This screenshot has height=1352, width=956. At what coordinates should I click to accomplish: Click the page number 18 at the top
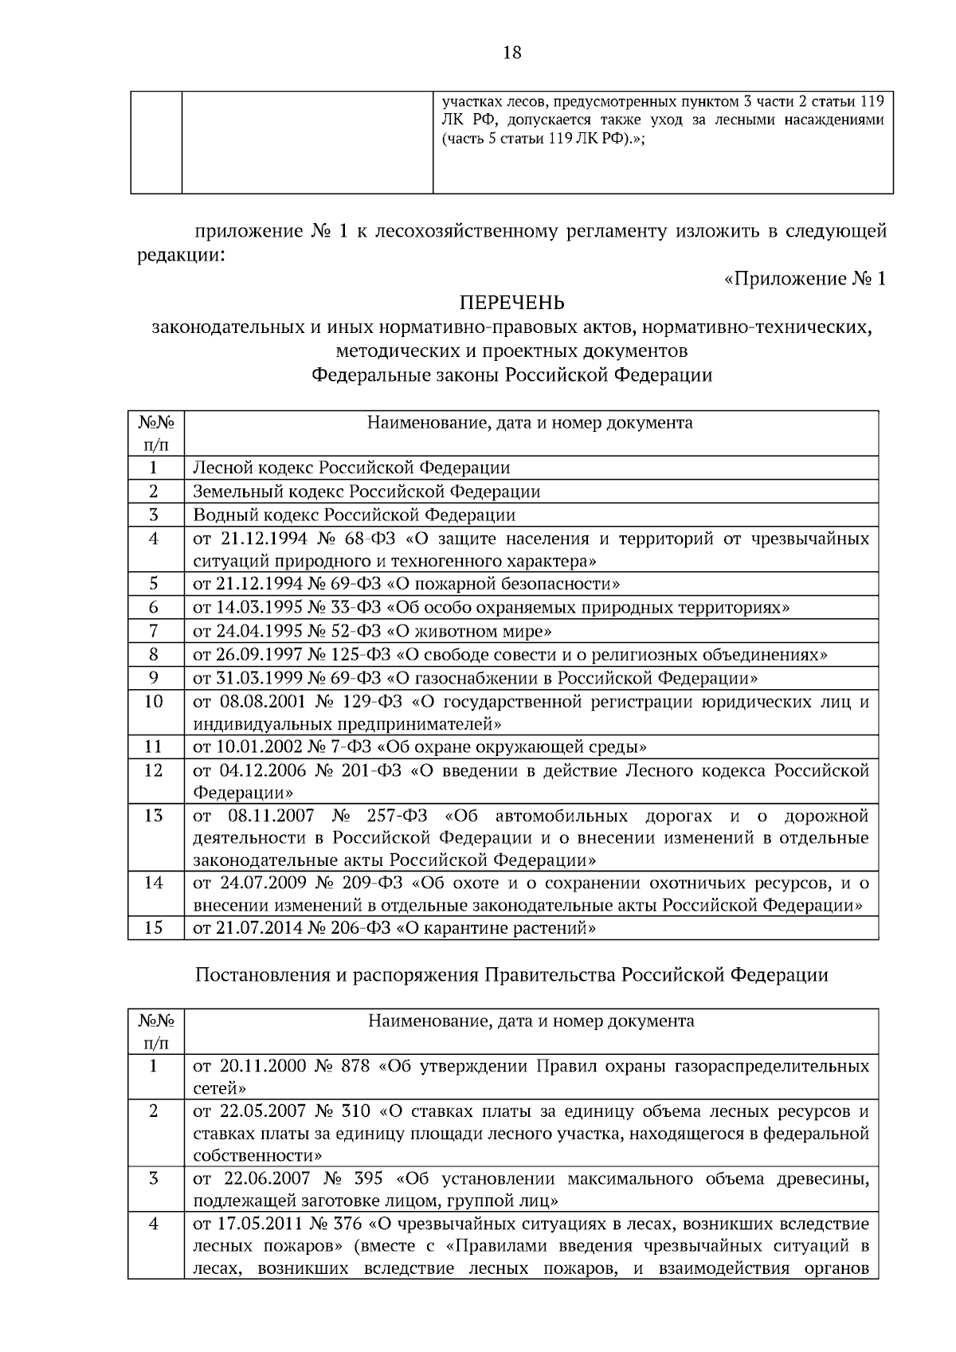point(511,53)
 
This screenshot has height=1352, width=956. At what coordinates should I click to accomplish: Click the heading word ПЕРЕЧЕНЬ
point(511,303)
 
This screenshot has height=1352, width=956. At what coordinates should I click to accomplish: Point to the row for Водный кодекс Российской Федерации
point(355,515)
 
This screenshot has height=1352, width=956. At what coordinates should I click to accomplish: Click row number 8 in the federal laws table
point(155,655)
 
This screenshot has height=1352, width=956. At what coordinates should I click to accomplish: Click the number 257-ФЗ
point(397,816)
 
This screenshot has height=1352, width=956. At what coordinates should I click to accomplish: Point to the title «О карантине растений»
point(496,928)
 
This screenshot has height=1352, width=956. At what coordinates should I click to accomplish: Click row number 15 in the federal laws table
point(155,928)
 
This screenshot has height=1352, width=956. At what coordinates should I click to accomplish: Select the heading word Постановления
point(254,975)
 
